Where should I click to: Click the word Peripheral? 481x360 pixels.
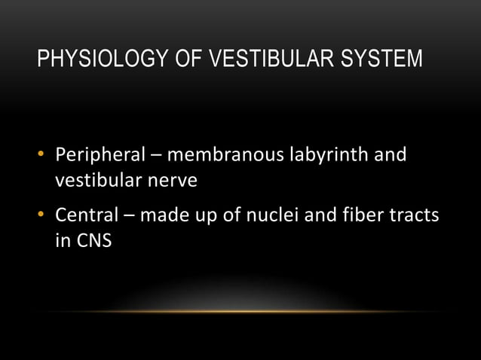pyautogui.click(x=100, y=157)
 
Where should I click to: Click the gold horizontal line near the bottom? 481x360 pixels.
pyautogui.click(x=240, y=311)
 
